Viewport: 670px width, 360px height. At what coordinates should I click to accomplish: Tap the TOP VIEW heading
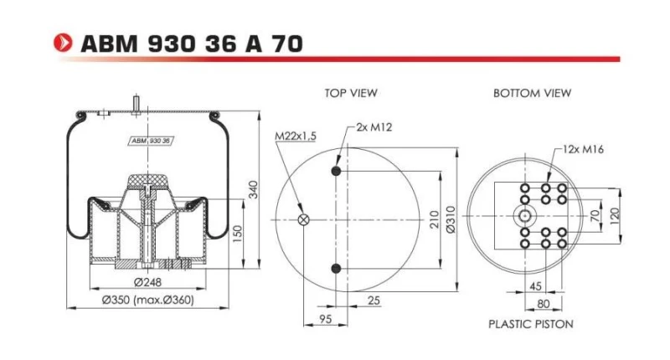coord(350,92)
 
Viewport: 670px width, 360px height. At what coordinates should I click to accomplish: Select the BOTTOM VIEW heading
coord(532,92)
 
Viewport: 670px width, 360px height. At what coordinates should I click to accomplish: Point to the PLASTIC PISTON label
coord(530,322)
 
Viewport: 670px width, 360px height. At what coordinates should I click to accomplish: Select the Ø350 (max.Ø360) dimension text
coord(149,299)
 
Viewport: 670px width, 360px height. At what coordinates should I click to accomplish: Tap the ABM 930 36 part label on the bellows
coord(150,141)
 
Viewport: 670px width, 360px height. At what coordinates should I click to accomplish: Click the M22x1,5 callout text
coord(295,136)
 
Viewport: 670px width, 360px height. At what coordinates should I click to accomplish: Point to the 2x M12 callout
coord(374,126)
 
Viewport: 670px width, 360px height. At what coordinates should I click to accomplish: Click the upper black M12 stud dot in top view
coord(337,171)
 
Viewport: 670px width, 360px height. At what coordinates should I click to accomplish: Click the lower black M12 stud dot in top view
coord(337,268)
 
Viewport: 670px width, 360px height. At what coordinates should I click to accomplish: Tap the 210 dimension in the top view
coord(434,219)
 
